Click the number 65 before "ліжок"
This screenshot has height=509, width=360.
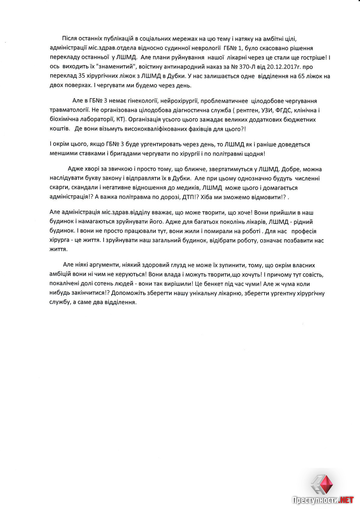301,76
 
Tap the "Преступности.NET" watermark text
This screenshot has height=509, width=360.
323,500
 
